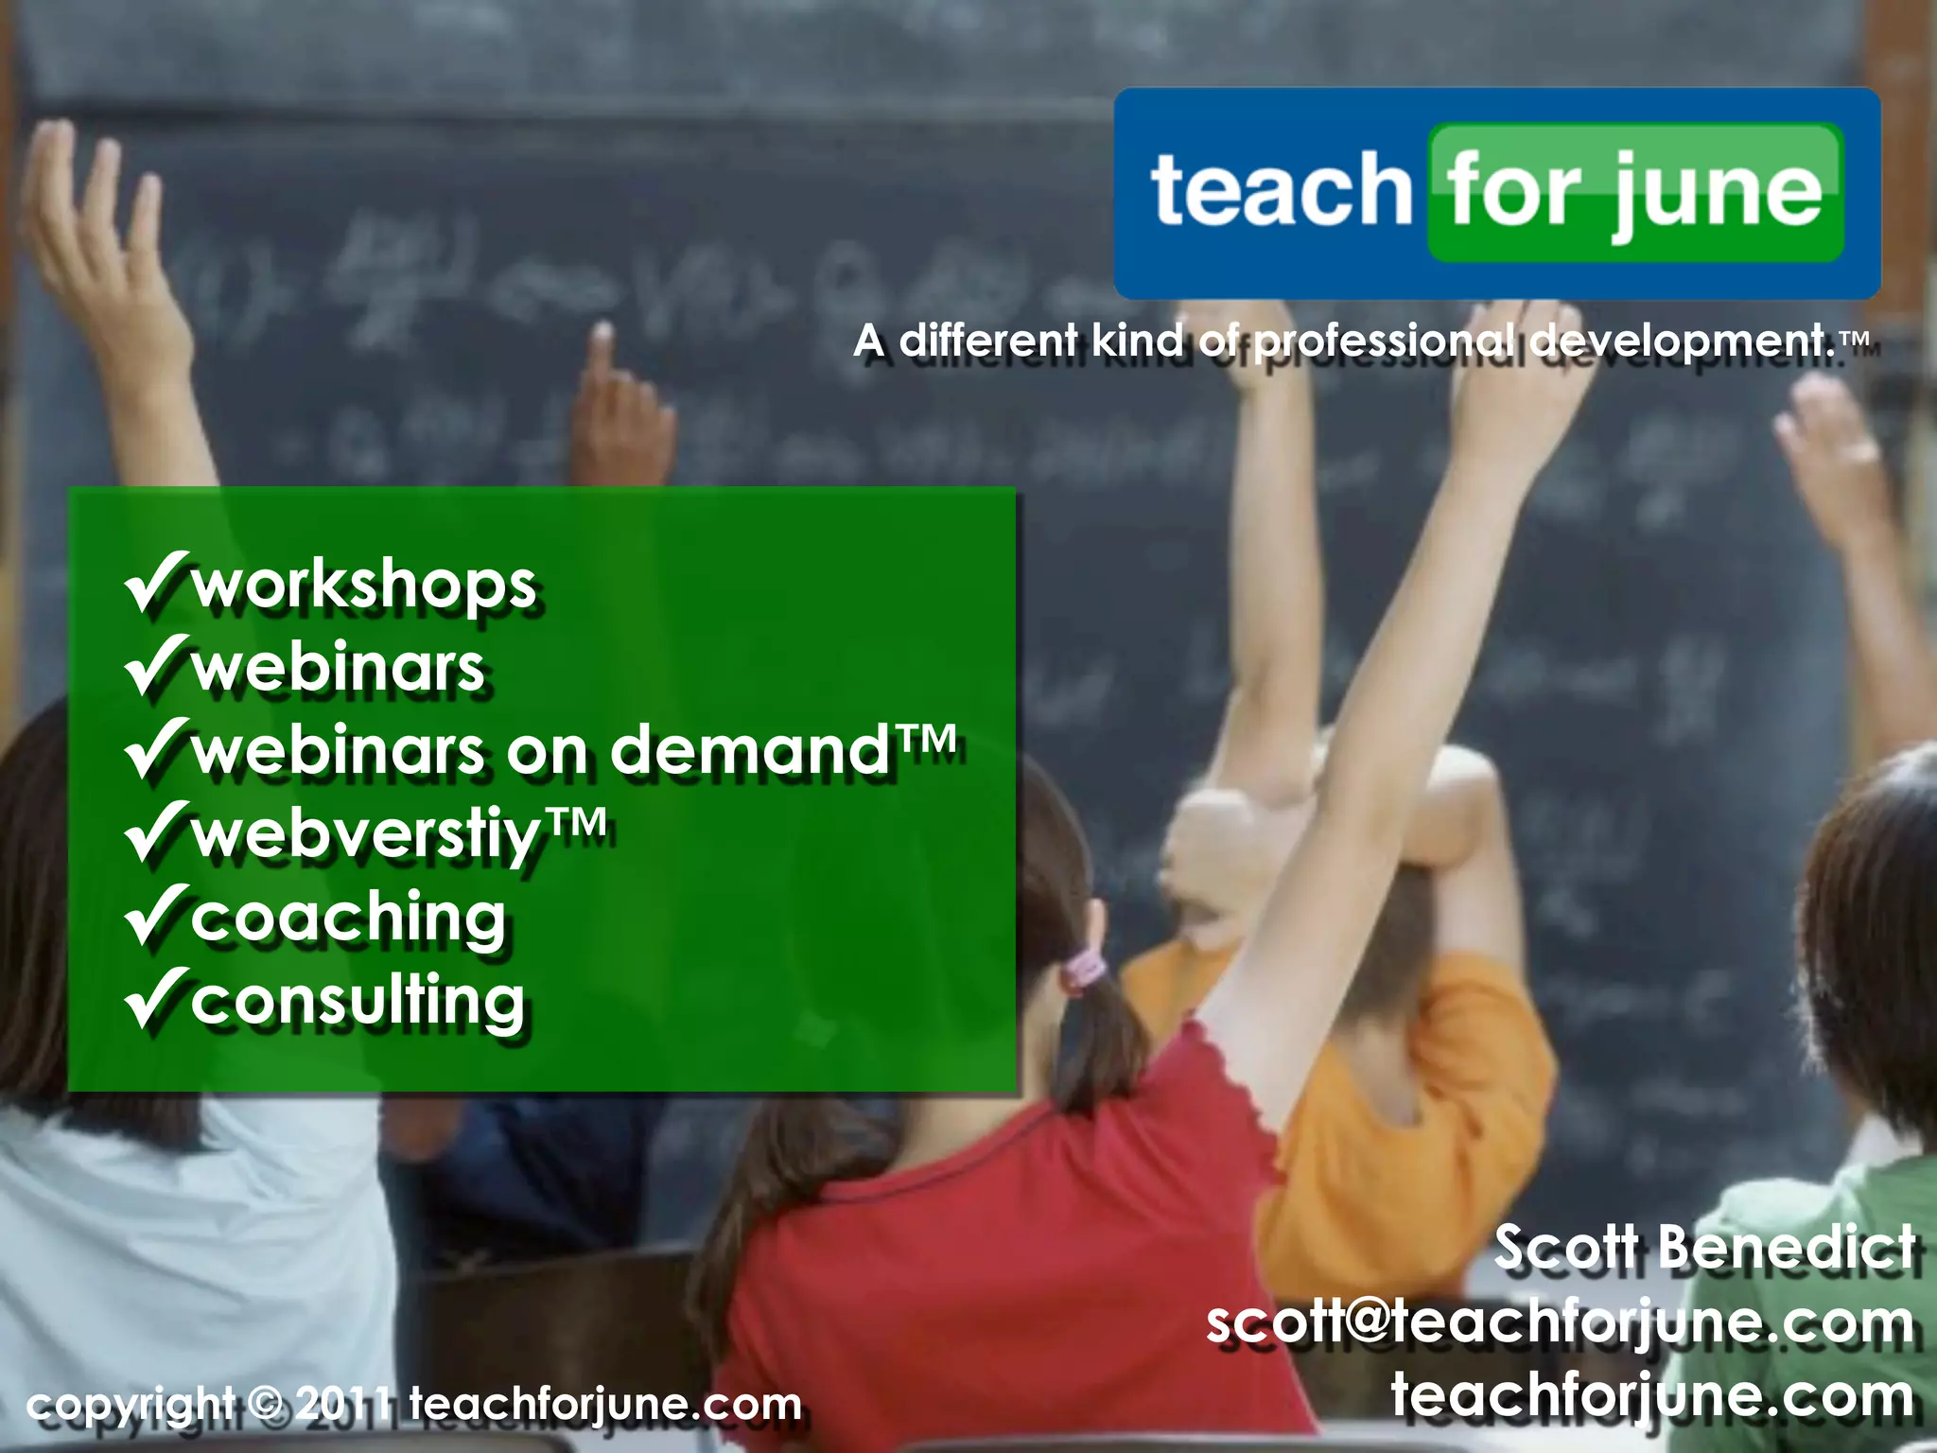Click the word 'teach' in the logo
coord(1281,191)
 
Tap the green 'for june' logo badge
coord(1634,192)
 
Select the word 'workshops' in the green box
coord(364,586)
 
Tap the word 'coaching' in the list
coord(348,919)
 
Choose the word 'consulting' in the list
coord(358,1001)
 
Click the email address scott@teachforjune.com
coord(1560,1322)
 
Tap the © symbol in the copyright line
coord(268,1404)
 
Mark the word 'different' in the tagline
coord(987,341)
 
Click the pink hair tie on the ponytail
coord(1084,969)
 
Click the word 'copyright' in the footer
coord(131,1406)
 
